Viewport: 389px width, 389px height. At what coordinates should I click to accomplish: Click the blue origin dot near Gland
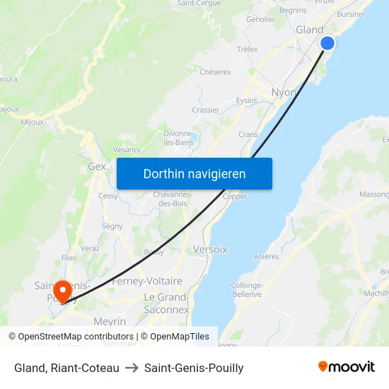tap(327, 43)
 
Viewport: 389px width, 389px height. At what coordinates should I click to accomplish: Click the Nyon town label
tap(284, 92)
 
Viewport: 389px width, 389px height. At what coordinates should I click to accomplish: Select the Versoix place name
tap(210, 250)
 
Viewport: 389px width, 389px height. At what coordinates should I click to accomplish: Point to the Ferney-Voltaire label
tap(147, 281)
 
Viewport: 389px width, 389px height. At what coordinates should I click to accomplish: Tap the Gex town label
tap(97, 167)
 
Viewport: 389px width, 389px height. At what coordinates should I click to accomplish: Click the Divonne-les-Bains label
tap(178, 138)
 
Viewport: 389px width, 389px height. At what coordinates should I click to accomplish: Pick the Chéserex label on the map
tap(215, 72)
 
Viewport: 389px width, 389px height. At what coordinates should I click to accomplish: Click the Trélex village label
tap(248, 50)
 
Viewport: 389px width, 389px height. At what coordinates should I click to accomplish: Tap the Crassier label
tap(205, 110)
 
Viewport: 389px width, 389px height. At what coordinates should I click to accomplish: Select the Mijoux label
tap(33, 122)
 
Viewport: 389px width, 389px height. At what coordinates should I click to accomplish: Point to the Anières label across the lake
tap(266, 257)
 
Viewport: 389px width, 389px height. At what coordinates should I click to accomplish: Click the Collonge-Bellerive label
tap(246, 290)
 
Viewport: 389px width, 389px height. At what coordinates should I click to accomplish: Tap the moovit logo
tap(346, 367)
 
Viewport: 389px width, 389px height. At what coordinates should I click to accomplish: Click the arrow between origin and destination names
tap(132, 368)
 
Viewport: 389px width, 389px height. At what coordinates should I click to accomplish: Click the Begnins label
tap(293, 11)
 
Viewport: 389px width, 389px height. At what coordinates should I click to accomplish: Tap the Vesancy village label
tap(127, 150)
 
